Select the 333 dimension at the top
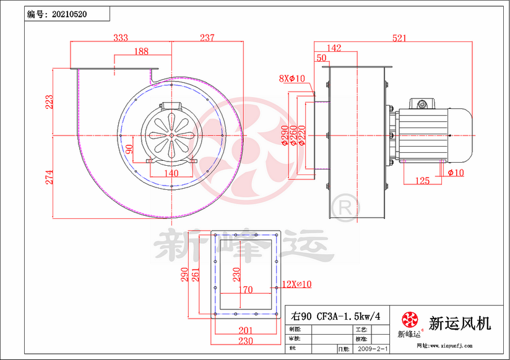[121, 38]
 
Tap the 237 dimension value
[207, 38]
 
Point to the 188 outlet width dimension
[142, 51]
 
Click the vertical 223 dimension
[49, 101]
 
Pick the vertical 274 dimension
[49, 176]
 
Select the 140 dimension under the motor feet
[171, 174]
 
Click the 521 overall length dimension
[399, 38]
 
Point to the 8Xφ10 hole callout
[292, 79]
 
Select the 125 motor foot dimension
[422, 181]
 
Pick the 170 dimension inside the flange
[246, 289]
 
